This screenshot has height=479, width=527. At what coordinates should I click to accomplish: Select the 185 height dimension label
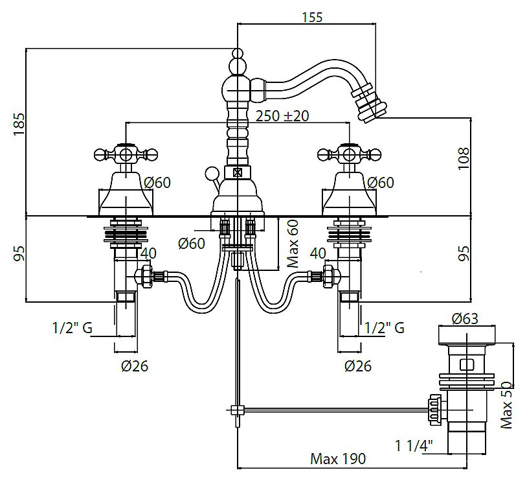click(19, 124)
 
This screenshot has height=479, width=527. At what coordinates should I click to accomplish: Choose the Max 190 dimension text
click(338, 459)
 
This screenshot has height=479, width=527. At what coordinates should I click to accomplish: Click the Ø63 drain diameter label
click(465, 318)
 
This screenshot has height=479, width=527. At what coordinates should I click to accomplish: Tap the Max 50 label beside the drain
click(507, 404)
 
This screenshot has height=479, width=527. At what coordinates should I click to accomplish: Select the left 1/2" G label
click(72, 328)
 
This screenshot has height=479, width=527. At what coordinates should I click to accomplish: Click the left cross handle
click(126, 154)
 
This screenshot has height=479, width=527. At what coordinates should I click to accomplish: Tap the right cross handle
click(350, 154)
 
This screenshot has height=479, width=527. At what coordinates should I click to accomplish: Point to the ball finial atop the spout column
click(238, 65)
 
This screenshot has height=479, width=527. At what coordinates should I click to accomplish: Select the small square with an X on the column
click(237, 172)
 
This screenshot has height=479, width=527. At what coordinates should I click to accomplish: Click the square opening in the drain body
click(467, 364)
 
